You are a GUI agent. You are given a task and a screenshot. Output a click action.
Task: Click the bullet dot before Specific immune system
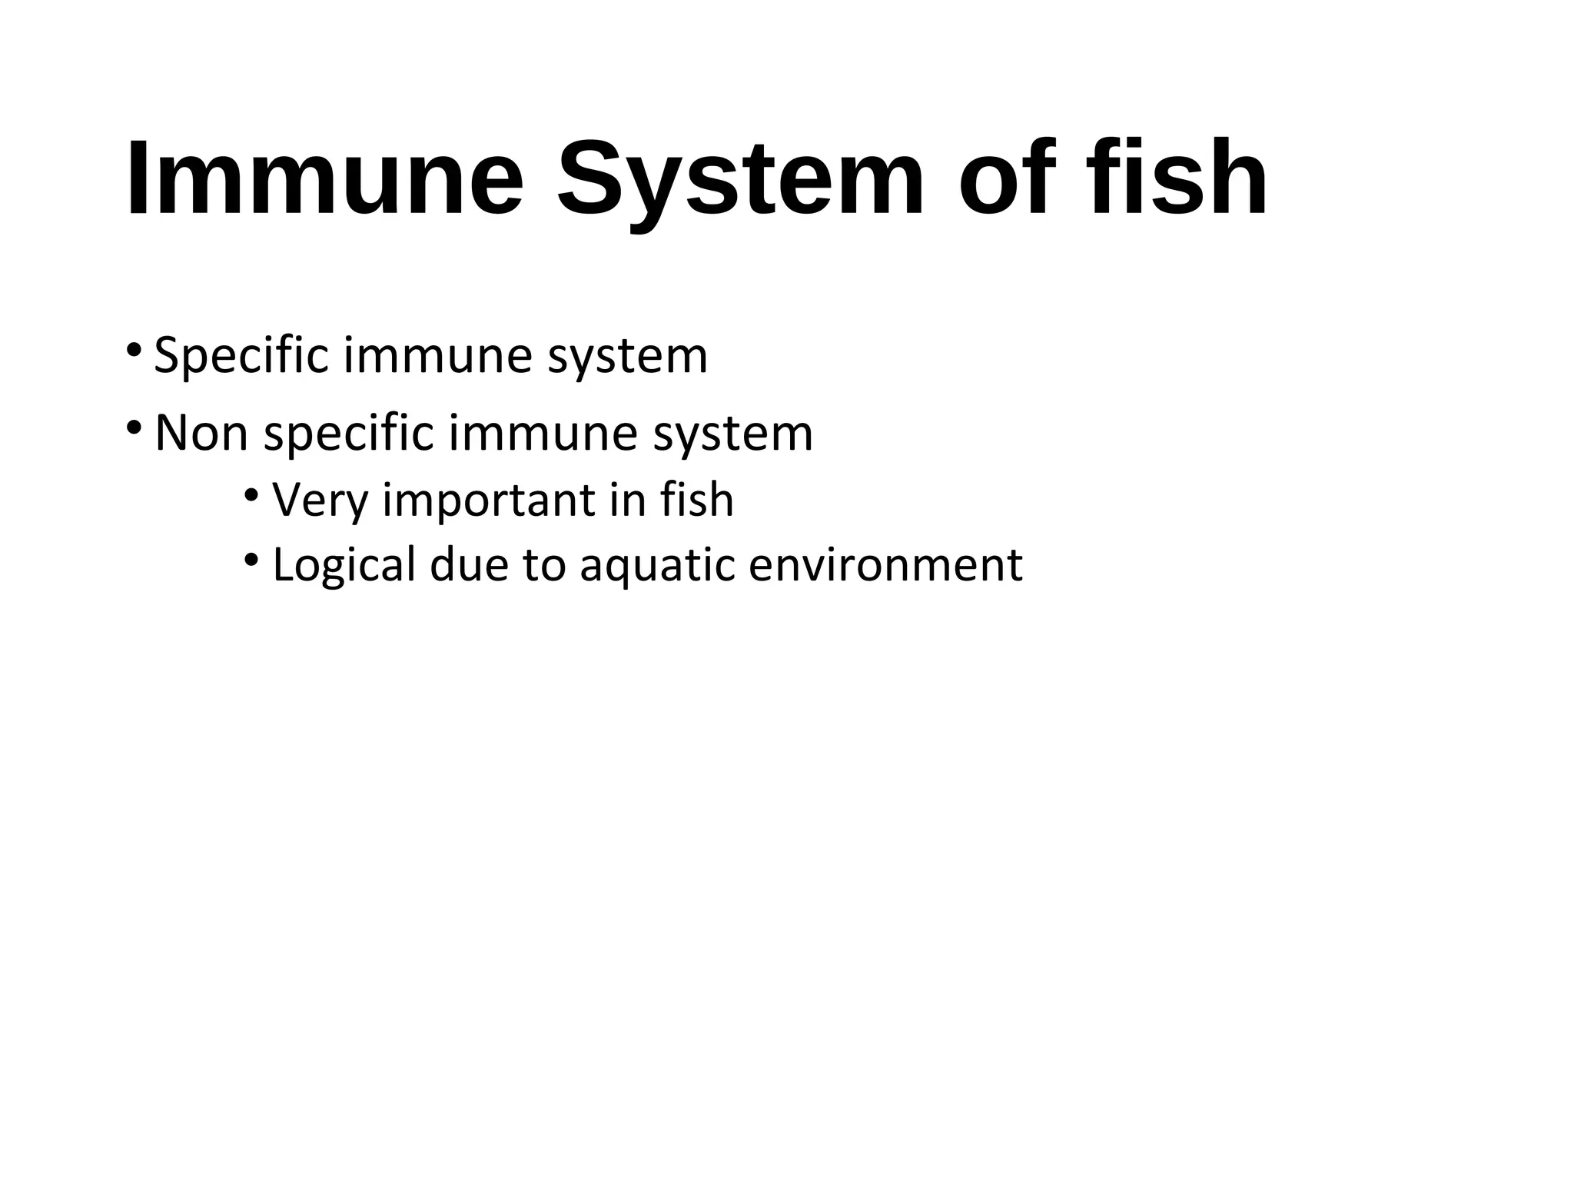point(134,350)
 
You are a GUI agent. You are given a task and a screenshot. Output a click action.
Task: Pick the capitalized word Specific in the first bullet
point(242,356)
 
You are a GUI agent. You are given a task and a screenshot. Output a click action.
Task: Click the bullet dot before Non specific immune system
point(134,427)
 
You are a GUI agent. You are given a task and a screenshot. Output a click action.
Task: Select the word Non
point(201,433)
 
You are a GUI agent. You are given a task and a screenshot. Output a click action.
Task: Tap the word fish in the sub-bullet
point(696,499)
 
